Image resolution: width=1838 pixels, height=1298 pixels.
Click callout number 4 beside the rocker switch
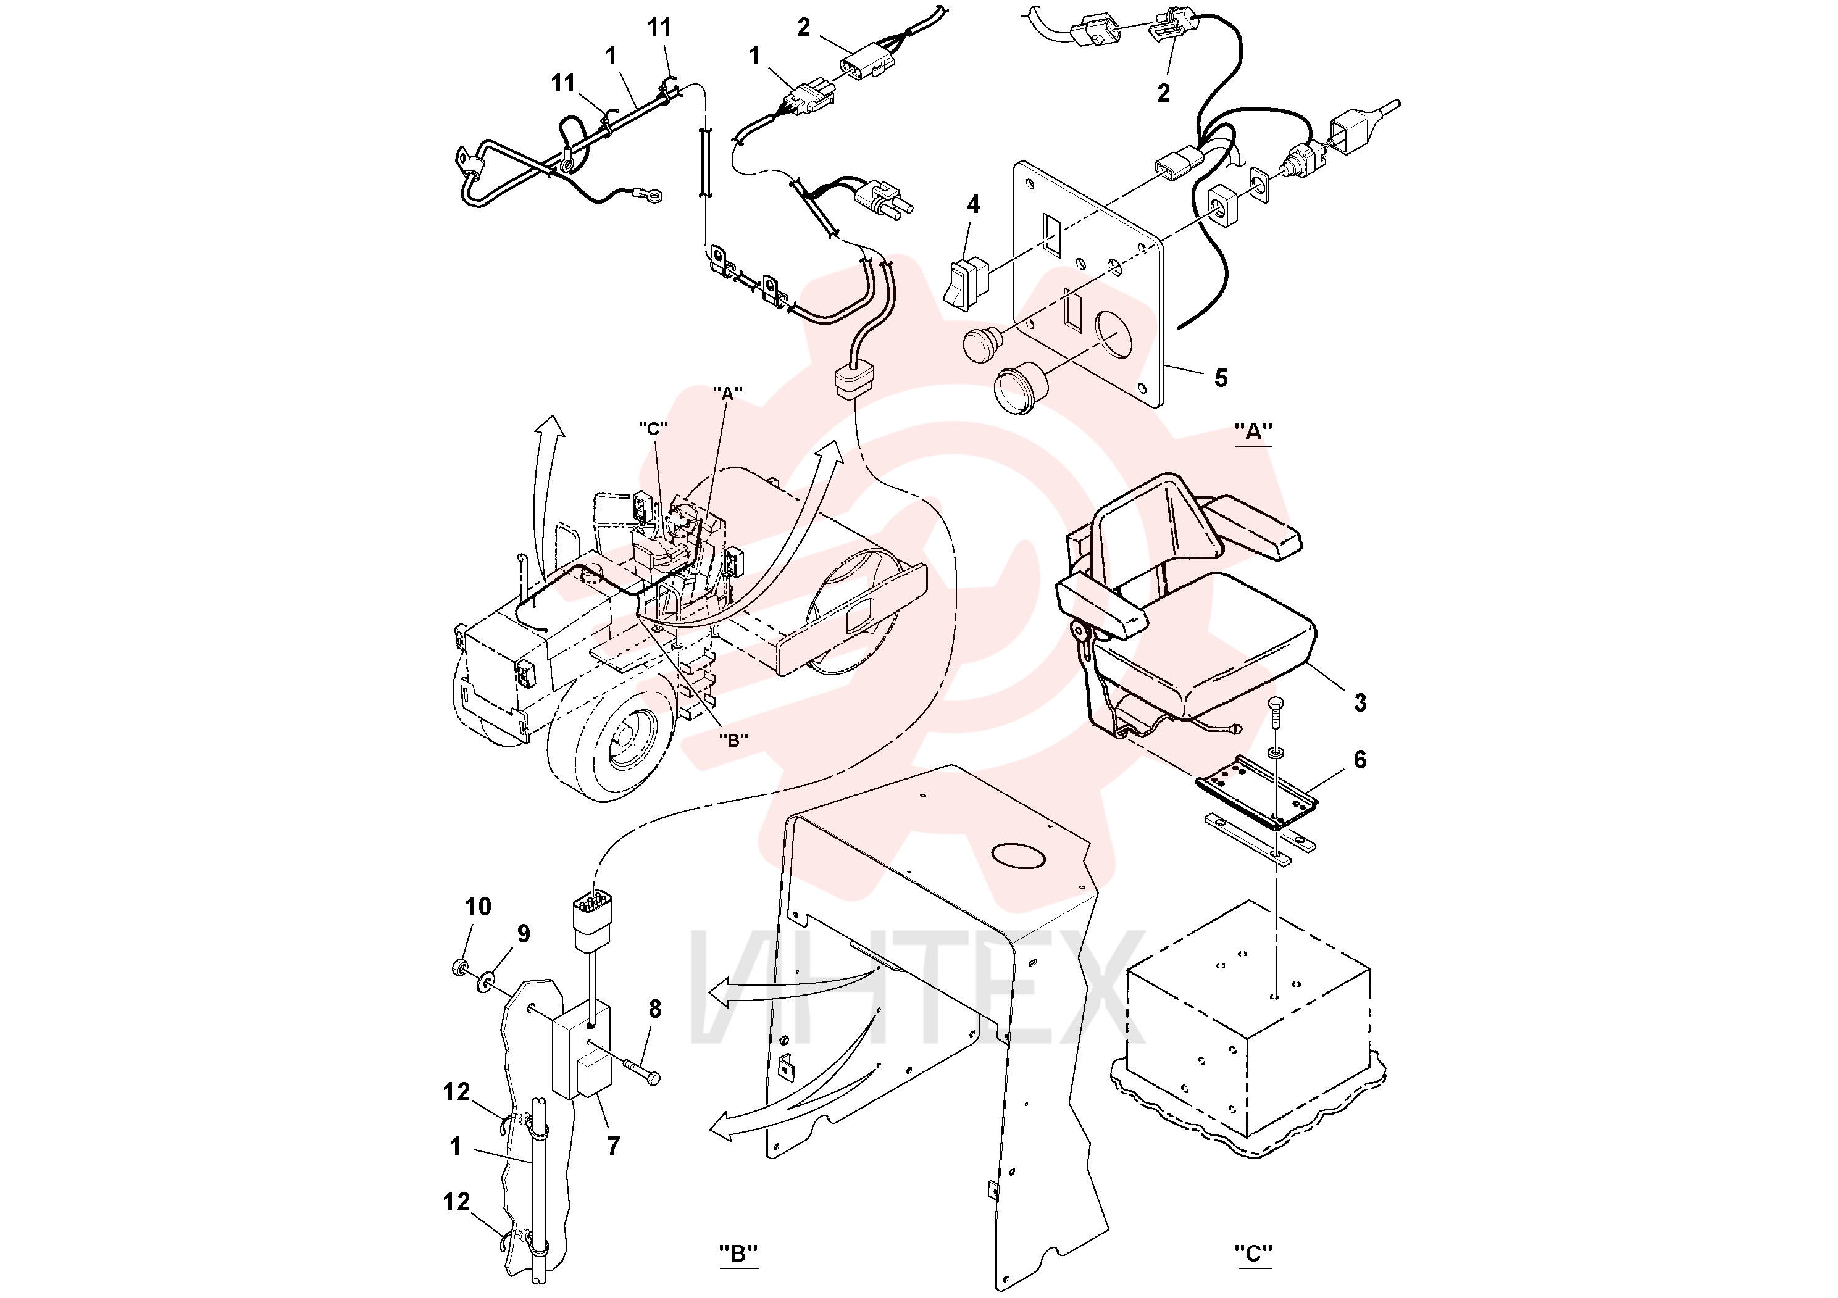974,205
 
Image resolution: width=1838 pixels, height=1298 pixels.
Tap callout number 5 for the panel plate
1221,378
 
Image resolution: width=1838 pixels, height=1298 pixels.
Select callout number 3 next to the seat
1360,702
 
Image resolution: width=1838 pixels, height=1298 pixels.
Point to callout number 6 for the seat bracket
1360,759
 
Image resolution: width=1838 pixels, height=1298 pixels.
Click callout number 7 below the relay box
613,1146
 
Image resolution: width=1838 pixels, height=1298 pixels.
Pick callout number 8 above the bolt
655,1009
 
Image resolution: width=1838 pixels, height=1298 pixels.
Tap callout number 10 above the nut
478,907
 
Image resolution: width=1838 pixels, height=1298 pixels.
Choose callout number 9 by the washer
524,933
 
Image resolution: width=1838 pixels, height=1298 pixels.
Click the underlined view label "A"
1253,432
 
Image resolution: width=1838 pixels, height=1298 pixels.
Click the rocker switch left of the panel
966,283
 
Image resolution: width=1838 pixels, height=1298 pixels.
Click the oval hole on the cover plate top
1017,856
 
